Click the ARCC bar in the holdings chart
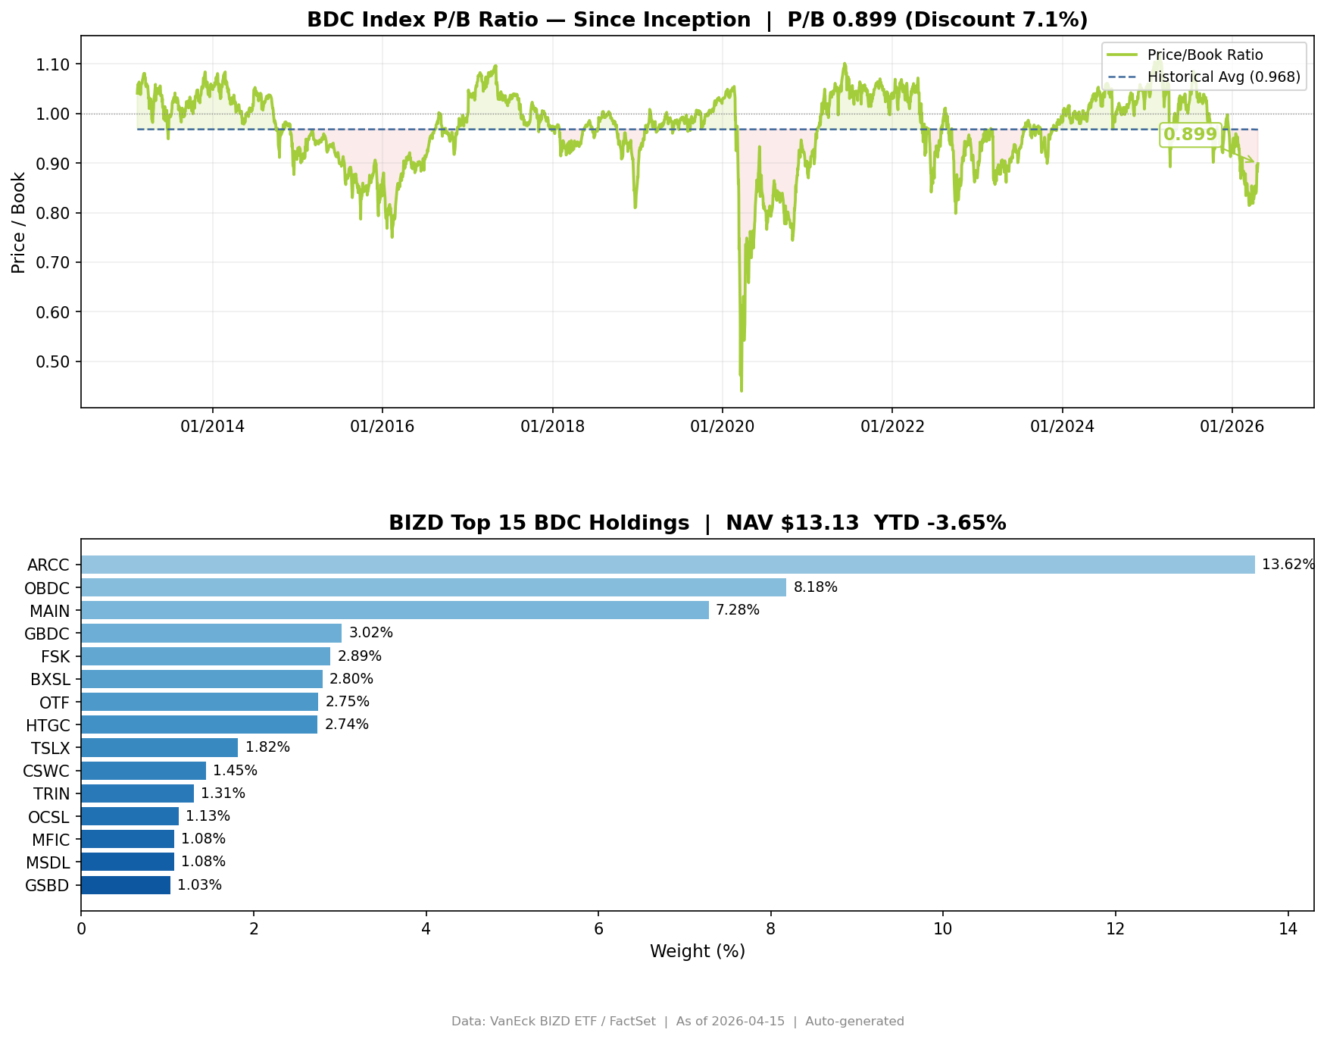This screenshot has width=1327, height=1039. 667,565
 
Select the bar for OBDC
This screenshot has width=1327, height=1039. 433,587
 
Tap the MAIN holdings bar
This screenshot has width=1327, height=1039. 395,610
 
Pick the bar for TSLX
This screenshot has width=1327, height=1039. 159,747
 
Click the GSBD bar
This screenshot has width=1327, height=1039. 126,885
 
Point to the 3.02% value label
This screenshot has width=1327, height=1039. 370,633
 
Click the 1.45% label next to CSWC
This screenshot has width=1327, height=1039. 235,771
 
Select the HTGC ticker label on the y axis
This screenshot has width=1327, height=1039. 48,725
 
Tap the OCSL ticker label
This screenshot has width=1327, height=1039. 48,817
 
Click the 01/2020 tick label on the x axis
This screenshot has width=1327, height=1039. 722,427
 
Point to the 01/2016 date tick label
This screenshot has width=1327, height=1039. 382,427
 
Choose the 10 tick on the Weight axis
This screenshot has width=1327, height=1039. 942,929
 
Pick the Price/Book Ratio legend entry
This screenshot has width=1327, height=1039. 1204,55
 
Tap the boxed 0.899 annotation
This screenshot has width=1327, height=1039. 1190,135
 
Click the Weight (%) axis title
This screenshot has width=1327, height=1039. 697,952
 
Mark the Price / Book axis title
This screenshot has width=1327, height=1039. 18,222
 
